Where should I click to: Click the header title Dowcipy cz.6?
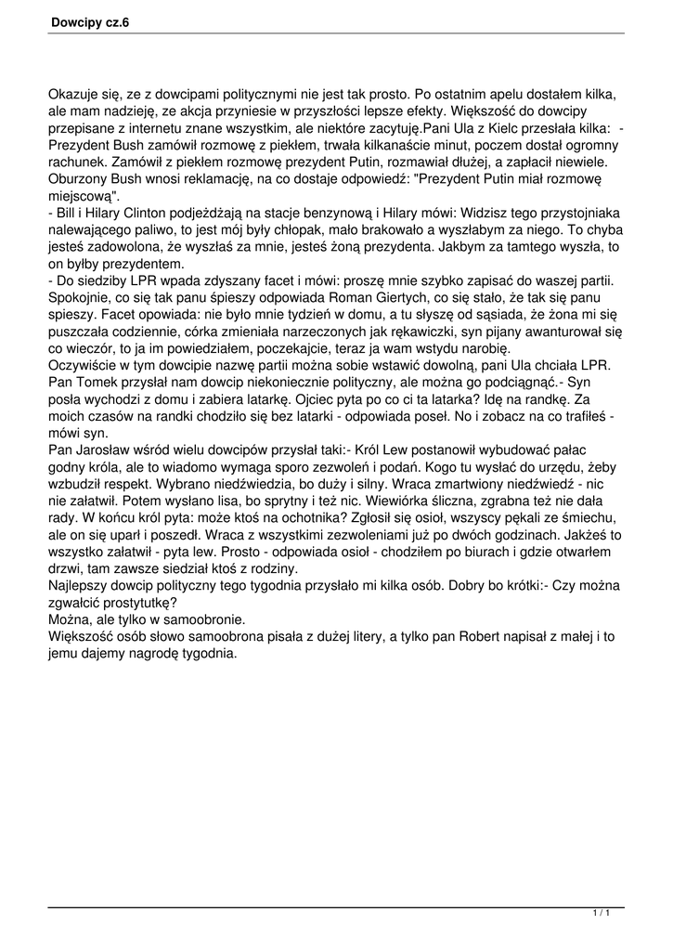point(90,22)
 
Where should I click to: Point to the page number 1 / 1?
point(601,916)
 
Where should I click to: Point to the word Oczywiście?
point(84,365)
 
